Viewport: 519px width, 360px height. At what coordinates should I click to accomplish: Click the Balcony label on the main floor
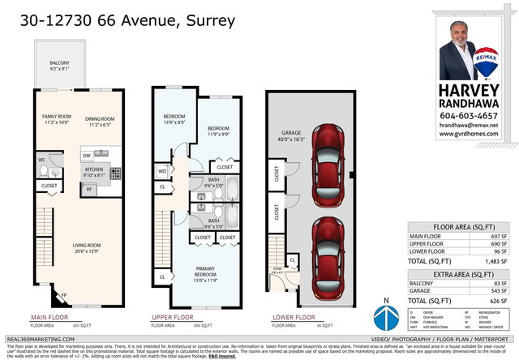pos(60,66)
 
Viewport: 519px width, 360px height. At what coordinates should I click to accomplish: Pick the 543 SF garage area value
pos(503,290)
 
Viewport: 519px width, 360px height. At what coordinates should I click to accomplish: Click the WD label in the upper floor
pos(162,171)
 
